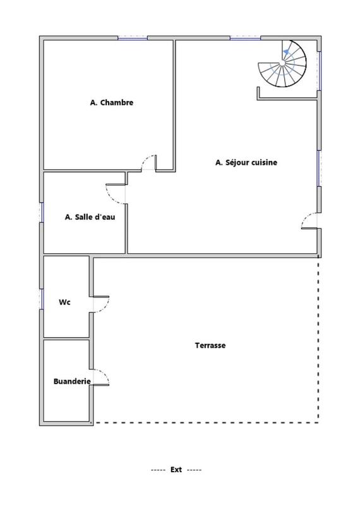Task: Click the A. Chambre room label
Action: coord(112,102)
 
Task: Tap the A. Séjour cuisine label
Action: coord(246,162)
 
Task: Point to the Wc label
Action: coord(64,302)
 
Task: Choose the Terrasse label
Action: coord(210,345)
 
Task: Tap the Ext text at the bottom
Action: coord(176,470)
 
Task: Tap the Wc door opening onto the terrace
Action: coord(102,304)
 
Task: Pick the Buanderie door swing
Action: coord(102,377)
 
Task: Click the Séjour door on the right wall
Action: coord(309,221)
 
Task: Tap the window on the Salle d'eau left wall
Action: coord(42,211)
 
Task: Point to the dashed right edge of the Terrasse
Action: coord(318,341)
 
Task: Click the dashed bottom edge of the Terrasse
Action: coord(208,422)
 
